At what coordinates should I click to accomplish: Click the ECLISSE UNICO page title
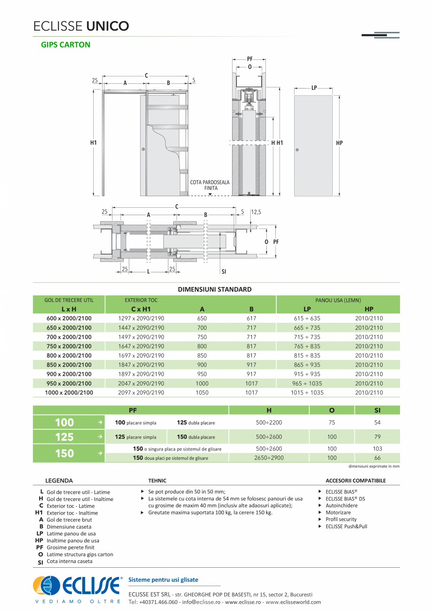pos(81,26)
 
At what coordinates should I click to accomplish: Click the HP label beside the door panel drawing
pos(339,143)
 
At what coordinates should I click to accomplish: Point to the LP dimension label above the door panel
pos(314,88)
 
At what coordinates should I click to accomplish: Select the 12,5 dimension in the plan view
pos(256,213)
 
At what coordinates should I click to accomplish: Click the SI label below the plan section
pos(224,272)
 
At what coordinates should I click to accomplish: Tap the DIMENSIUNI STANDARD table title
pos(215,289)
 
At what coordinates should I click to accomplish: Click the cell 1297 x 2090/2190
pos(141,319)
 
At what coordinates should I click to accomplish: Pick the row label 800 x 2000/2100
pos(69,356)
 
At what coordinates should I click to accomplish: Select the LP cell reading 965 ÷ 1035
pos(307,384)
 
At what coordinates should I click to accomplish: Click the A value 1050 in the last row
pos(202,392)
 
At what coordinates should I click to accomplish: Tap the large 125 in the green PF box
pos(64,437)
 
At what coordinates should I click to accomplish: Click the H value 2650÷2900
pos(269,458)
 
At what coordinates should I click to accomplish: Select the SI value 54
pos(377,423)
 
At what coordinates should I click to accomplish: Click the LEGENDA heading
pos(59,481)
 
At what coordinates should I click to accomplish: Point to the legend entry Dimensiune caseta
pos(69,527)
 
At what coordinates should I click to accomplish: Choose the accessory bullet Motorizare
pos(338,513)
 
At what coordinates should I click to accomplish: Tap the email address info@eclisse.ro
pos(202,602)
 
